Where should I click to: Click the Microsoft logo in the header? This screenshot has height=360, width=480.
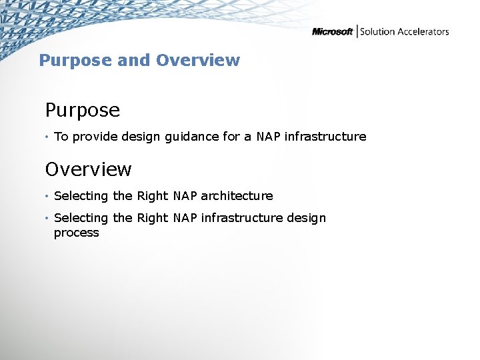pyautogui.click(x=332, y=32)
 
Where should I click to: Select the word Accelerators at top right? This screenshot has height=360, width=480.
pyautogui.click(x=423, y=32)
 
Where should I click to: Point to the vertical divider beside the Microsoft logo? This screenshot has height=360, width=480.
pyautogui.click(x=357, y=31)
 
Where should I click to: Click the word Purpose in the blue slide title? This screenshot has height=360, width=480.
pyautogui.click(x=75, y=61)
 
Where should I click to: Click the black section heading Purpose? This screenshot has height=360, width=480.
pyautogui.click(x=83, y=110)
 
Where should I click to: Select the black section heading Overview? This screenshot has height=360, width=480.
pyautogui.click(x=88, y=169)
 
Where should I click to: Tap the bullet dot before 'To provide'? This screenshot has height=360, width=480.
pyautogui.click(x=47, y=137)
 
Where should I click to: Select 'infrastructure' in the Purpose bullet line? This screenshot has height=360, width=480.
pyautogui.click(x=325, y=137)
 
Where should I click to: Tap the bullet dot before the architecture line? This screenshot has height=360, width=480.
pyautogui.click(x=47, y=197)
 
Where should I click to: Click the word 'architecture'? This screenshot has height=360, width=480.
pyautogui.click(x=237, y=196)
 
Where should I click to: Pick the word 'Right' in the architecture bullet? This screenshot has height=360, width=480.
pyautogui.click(x=153, y=196)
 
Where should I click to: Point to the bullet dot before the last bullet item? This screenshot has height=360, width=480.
pyautogui.click(x=47, y=219)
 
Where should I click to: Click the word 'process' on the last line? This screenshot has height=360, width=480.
pyautogui.click(x=76, y=233)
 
